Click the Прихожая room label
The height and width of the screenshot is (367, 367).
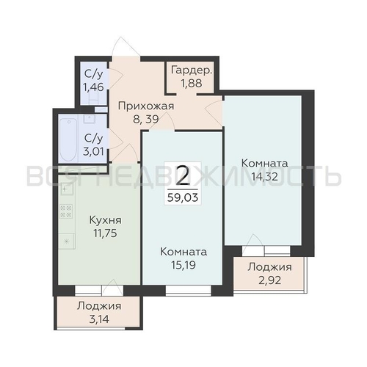coord(146,106)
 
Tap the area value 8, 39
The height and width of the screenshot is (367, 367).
coord(146,119)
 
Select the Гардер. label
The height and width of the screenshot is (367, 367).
coord(192,70)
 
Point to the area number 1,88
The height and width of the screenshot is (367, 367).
coord(192,83)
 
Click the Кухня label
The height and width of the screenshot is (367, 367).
coord(105,220)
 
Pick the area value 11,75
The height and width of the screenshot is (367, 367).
coord(105,233)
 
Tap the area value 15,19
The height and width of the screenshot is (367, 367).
coord(183,265)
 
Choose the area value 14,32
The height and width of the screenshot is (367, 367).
coord(265,176)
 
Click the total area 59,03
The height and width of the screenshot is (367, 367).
coord(183,197)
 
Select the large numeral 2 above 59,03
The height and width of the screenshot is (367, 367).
coord(183,175)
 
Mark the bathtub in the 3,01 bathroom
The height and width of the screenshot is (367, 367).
coord(68,139)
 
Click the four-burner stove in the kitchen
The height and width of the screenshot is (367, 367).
coord(66,211)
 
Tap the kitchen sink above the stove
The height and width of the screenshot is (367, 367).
coord(67,189)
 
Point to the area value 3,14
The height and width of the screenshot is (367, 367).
coord(99,319)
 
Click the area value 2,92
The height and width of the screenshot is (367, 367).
coord(270,280)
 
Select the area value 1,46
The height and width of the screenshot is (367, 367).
coord(94,87)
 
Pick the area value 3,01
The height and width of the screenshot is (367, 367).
coord(94,152)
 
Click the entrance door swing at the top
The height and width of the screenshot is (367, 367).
coord(126,47)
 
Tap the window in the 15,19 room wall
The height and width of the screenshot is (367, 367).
coord(189,290)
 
